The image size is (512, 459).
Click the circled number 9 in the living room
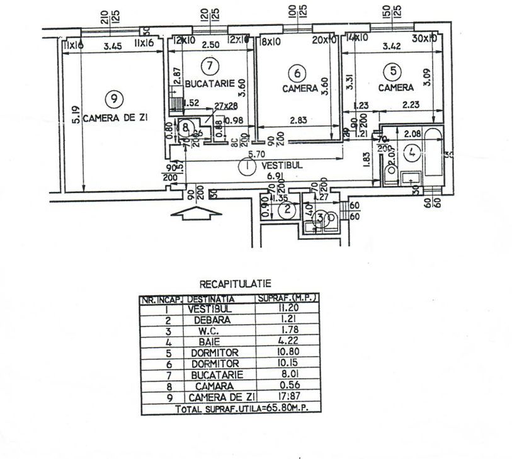coord(113,98)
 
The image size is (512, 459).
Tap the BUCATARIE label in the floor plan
coord(210,83)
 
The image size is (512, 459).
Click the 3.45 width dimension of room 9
coord(112,47)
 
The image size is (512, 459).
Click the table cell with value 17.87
coord(285,398)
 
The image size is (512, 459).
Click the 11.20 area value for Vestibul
coord(285,309)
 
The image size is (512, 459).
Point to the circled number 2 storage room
coord(287,210)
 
